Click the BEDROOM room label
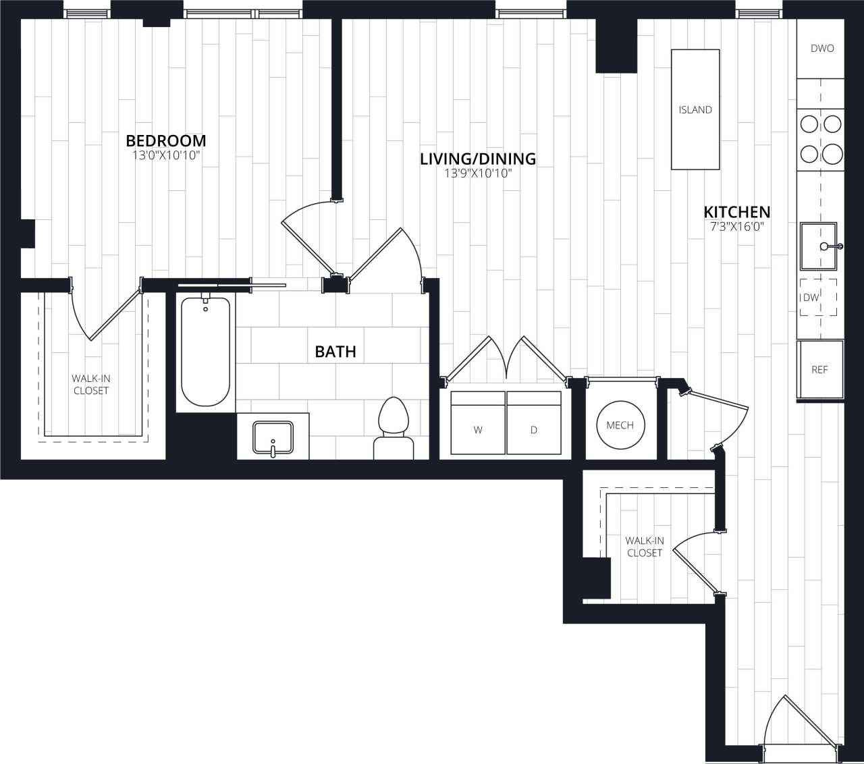click(166, 140)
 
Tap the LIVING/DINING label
click(478, 159)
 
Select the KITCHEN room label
click(737, 211)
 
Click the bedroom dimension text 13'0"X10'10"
click(166, 156)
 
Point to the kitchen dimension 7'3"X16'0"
click(737, 227)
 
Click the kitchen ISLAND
click(695, 109)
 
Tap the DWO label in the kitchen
click(821, 49)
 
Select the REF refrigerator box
click(820, 370)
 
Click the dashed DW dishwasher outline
click(818, 298)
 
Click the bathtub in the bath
click(206, 352)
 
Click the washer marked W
click(478, 423)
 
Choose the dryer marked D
click(534, 423)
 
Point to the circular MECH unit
click(620, 425)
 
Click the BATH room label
click(335, 352)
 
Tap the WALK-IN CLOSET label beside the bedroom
click(91, 385)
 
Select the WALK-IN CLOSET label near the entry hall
click(645, 547)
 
